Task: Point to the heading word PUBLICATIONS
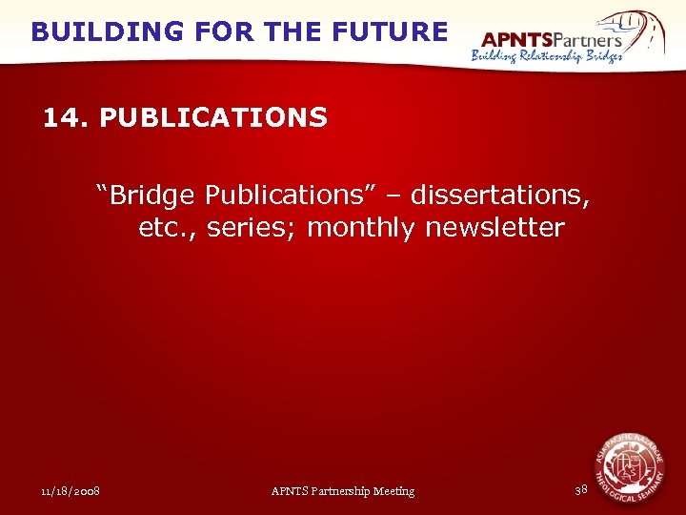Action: (213, 118)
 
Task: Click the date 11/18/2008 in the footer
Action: (71, 491)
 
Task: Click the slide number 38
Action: (581, 490)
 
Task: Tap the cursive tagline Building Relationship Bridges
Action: (547, 56)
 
